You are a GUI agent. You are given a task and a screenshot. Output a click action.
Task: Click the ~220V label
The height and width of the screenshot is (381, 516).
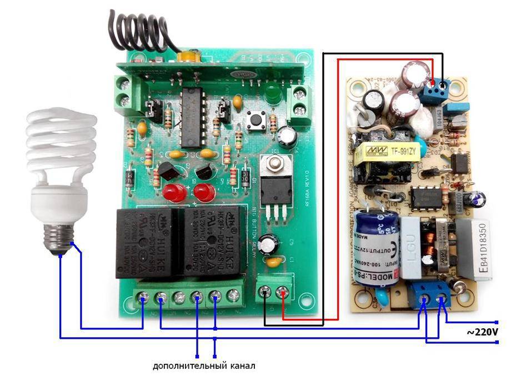pyautogui.click(x=482, y=333)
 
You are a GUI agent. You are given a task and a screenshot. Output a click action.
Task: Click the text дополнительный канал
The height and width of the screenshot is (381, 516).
pyautogui.click(x=205, y=366)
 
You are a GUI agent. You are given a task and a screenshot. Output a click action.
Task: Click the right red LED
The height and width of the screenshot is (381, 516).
pyautogui.click(x=204, y=192)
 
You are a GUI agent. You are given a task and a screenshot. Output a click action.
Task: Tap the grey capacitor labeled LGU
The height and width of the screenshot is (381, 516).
pyautogui.click(x=413, y=246)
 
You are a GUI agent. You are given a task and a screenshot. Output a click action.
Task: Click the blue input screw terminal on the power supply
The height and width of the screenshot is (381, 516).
pyautogui.click(x=434, y=291)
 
